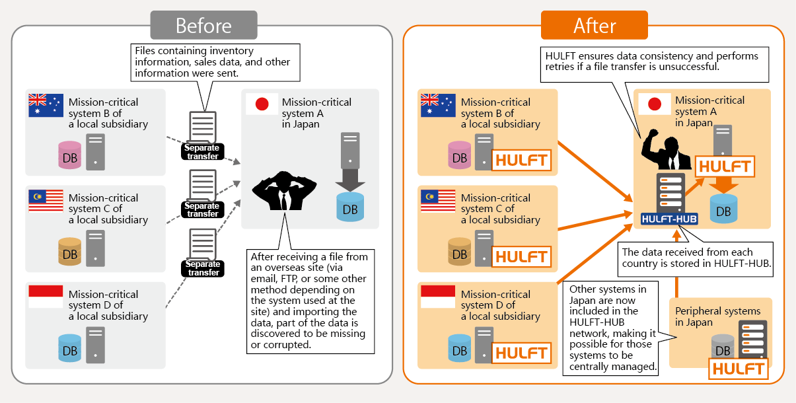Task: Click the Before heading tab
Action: coord(203,26)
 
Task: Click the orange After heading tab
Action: coord(594,26)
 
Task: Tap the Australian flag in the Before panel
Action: coord(46,106)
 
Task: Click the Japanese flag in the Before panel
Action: coord(262,104)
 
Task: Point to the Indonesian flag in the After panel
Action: coord(438,297)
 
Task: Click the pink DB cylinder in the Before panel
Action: coord(69,155)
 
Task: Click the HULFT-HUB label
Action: coord(669,218)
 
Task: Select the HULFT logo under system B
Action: coord(521,160)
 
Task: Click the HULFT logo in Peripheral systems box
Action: coord(739,368)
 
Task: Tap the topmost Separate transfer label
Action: coord(202,151)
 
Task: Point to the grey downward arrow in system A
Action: coord(350,179)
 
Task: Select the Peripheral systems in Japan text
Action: coord(717,316)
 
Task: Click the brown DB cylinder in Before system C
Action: coord(69,252)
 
